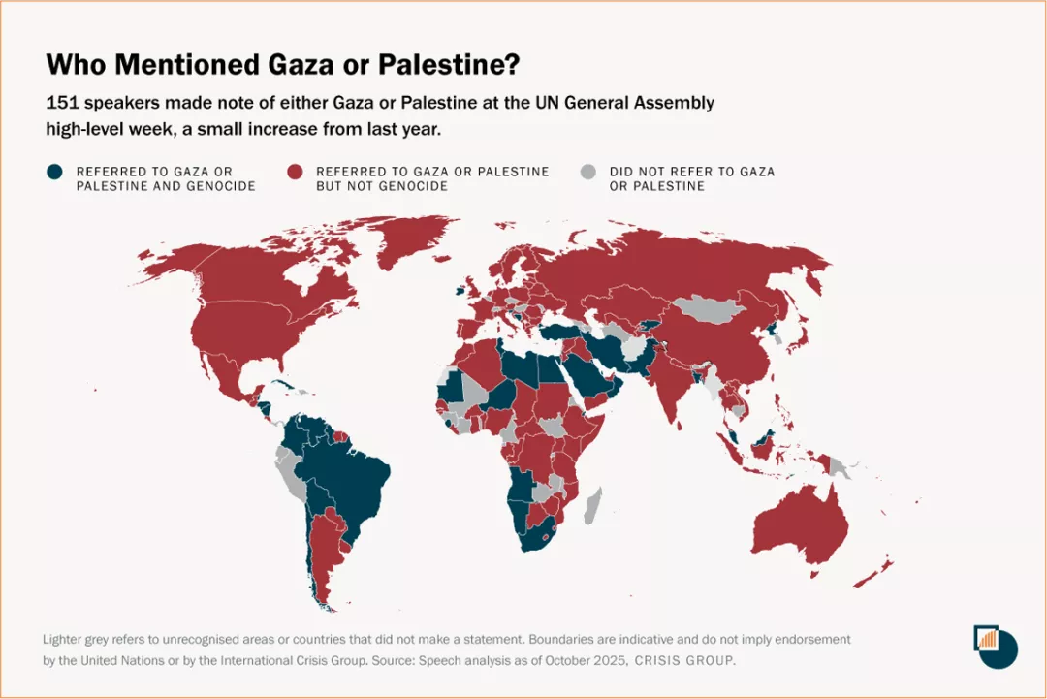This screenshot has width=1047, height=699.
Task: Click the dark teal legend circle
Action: pos(55,172)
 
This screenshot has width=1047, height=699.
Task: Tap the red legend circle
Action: pos(296,172)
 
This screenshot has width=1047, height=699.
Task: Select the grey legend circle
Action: pos(588,172)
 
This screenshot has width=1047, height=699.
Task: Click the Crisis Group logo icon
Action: pos(995,646)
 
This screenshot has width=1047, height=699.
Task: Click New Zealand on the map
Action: pos(877,572)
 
